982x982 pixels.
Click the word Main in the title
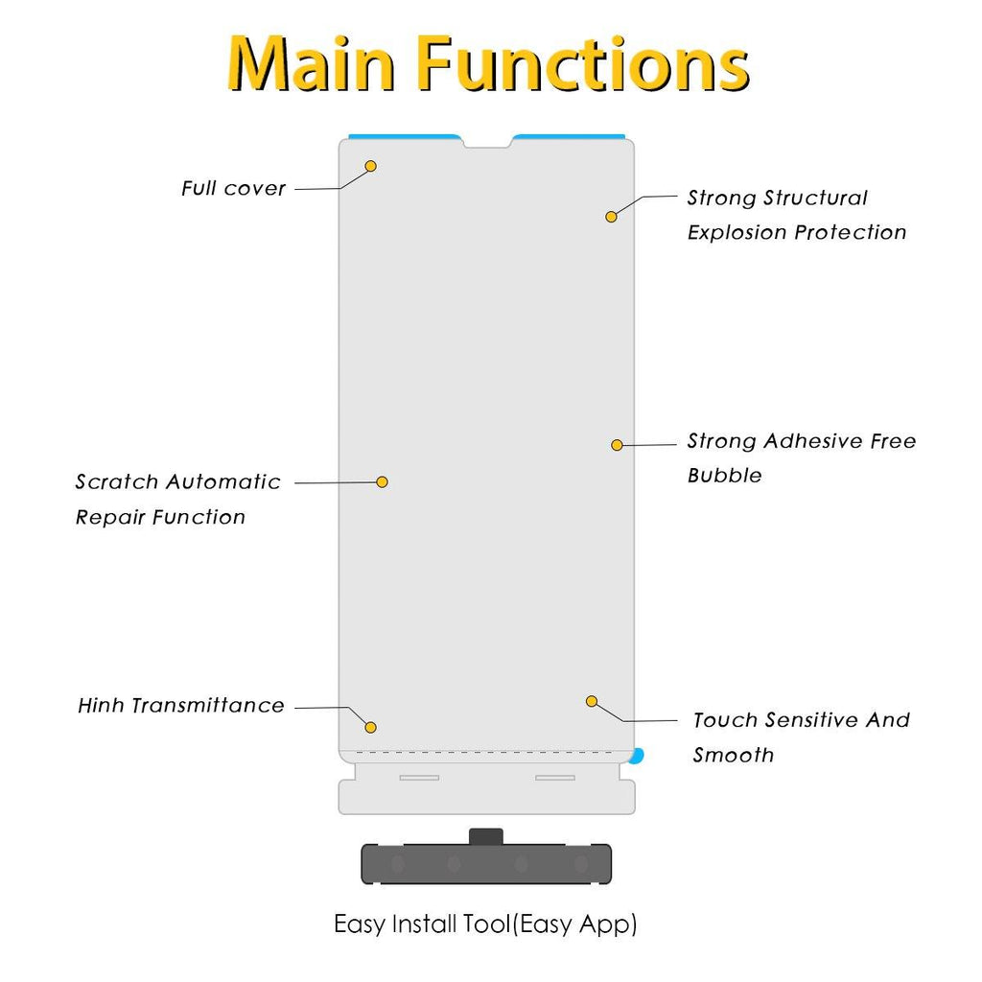point(312,63)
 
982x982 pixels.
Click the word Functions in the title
point(583,63)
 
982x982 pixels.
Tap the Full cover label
point(234,188)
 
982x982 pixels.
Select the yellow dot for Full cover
point(371,166)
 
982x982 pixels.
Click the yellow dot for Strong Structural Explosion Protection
point(611,217)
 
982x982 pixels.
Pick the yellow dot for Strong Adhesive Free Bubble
point(617,445)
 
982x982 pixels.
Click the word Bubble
point(725,476)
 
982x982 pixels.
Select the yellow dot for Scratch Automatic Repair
point(382,482)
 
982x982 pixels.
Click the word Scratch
point(117,481)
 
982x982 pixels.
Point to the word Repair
point(110,517)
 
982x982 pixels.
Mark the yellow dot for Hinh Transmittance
point(371,728)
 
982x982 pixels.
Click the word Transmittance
point(208,705)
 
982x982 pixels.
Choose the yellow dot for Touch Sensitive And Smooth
point(592,701)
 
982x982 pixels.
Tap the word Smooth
point(734,755)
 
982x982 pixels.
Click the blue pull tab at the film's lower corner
point(637,756)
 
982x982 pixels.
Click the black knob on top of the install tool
point(486,836)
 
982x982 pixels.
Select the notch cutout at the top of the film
point(487,144)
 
